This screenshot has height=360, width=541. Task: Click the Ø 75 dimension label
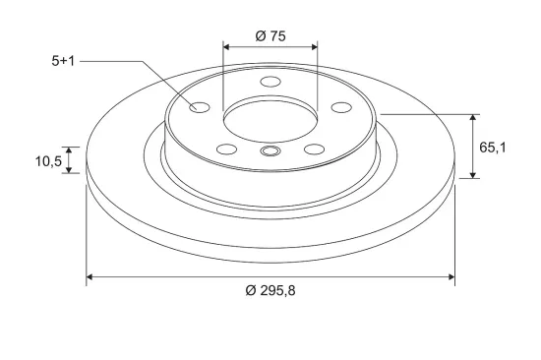coord(270,35)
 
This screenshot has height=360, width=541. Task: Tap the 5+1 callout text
coord(63,61)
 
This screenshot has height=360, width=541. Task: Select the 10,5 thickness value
coord(48,161)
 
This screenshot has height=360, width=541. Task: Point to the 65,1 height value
coord(493,148)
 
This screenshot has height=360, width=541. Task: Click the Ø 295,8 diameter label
coord(270,290)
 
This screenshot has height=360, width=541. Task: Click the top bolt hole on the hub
coord(270,82)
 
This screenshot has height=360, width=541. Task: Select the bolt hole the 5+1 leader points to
coord(200,107)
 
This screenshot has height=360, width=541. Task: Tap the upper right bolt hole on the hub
coord(341,107)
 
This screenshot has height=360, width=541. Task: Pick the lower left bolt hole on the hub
coord(226,150)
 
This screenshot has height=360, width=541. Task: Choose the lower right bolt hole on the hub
coord(315,150)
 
